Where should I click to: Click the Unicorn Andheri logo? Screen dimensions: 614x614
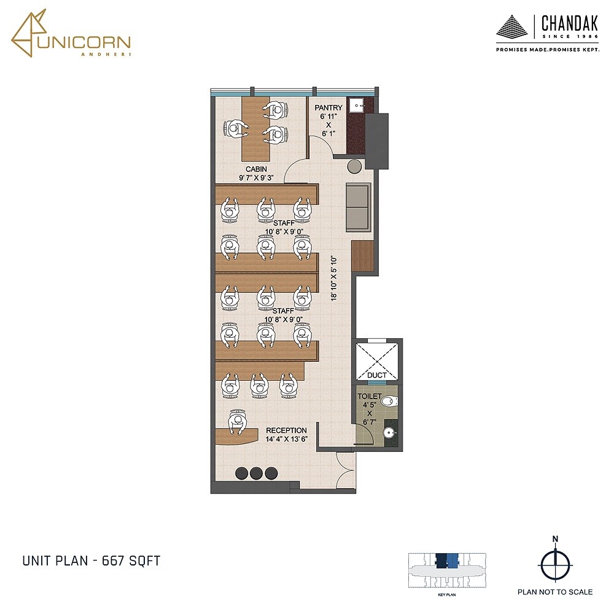[70, 36]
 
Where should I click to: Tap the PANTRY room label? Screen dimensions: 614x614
[328, 108]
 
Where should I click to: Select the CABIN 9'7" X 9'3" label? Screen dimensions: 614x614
[256, 173]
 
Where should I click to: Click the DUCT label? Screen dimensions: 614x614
[376, 375]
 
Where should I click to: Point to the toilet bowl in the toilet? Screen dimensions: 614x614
[389, 402]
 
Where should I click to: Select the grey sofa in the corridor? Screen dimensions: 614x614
[359, 207]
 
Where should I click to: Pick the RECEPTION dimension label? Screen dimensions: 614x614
[286, 435]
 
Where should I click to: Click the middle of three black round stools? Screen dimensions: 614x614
[256, 473]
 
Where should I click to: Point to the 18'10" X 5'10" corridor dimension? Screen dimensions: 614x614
[335, 278]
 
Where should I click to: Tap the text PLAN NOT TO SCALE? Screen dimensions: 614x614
[555, 592]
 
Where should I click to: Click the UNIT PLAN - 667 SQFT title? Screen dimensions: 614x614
[91, 561]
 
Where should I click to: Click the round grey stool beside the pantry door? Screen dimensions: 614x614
[354, 166]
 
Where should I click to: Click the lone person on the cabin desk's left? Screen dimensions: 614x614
[234, 129]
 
